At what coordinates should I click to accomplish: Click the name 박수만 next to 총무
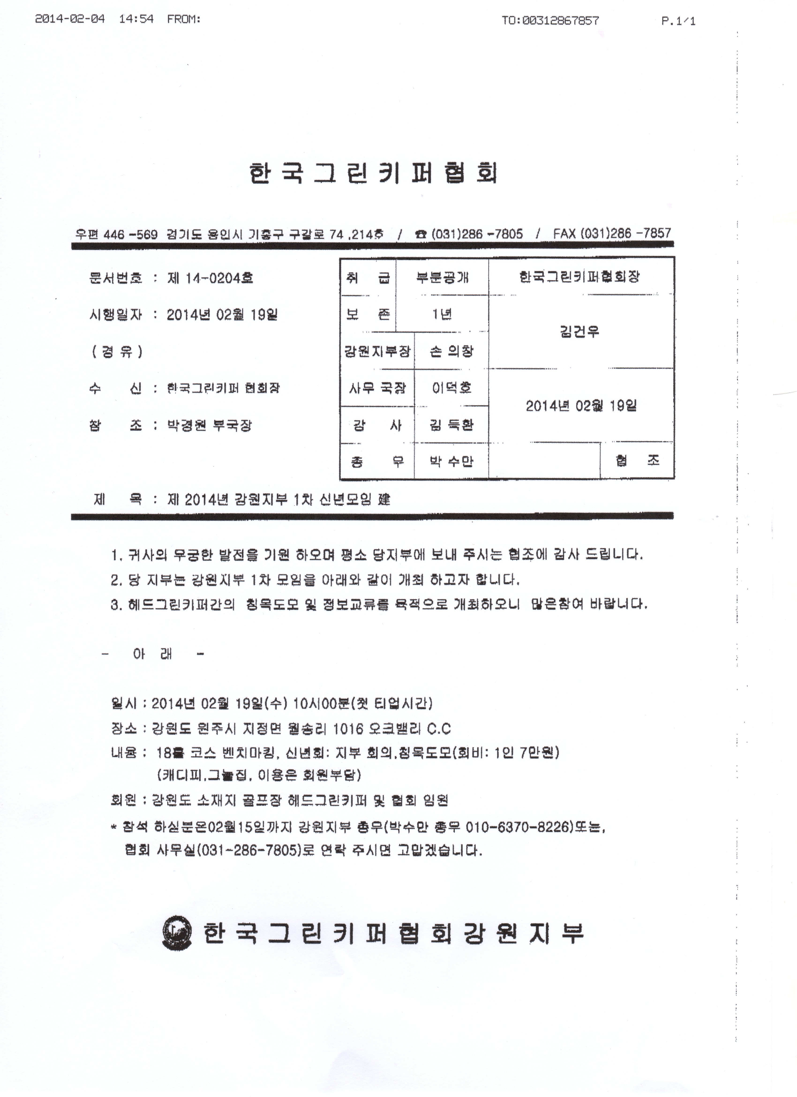451,461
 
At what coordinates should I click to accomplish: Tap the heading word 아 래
152,654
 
